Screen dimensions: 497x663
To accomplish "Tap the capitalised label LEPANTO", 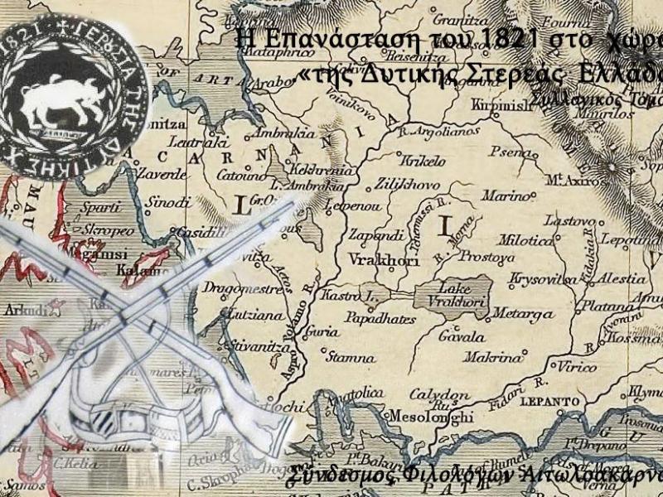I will [526, 402].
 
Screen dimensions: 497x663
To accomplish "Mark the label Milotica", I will [527, 240].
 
